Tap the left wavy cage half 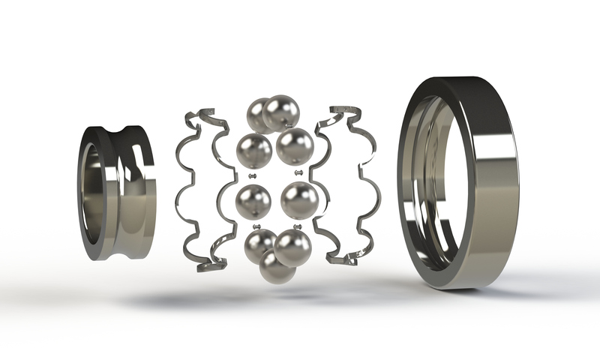(x=196, y=187)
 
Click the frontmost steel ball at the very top (x=281, y=112)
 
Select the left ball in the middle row (x=253, y=202)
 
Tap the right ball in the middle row (x=300, y=200)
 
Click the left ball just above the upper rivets (x=254, y=150)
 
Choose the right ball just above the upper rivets (x=295, y=146)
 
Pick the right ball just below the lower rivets (x=292, y=247)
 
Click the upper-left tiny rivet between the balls (x=253, y=175)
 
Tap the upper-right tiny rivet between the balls (x=299, y=173)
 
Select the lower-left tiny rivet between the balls (x=256, y=226)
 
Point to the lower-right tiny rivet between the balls (x=298, y=226)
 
